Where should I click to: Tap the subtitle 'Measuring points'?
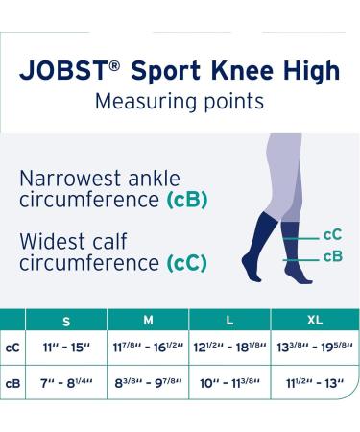(180, 100)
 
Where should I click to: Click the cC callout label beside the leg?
(332, 234)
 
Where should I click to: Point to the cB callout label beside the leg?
(332, 255)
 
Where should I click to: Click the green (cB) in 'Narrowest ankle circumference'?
(187, 201)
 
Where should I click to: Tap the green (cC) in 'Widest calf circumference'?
(187, 261)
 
